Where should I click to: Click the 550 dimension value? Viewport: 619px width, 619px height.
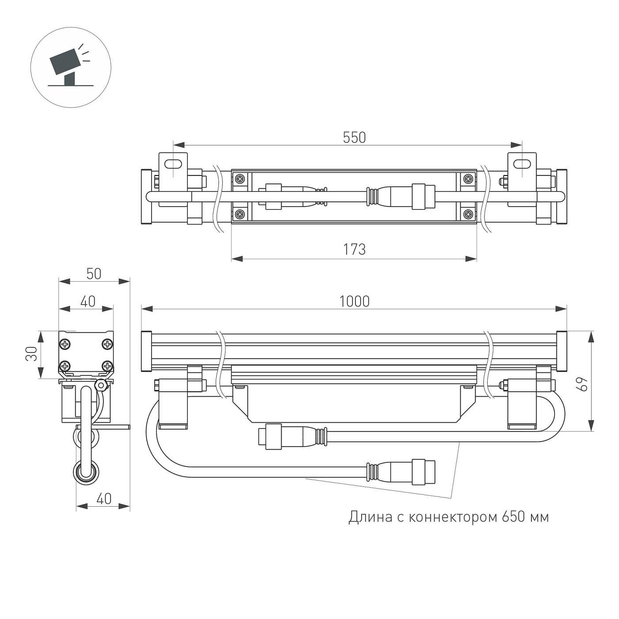click(354, 138)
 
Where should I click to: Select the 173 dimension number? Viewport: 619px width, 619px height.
click(354, 250)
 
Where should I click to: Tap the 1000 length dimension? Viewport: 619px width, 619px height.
click(354, 302)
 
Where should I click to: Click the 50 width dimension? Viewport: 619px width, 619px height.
click(94, 274)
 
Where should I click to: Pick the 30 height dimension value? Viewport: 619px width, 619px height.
click(31, 354)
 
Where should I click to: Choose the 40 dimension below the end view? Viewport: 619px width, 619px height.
click(103, 499)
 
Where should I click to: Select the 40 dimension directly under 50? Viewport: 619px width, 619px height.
click(88, 301)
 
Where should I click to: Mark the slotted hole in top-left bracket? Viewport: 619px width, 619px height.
click(174, 164)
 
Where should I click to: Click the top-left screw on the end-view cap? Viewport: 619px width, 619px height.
click(66, 344)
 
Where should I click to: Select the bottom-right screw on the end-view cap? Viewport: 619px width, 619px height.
click(107, 366)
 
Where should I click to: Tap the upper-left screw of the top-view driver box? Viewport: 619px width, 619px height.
click(240, 179)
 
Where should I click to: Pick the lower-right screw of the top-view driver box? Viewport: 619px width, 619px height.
click(468, 215)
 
